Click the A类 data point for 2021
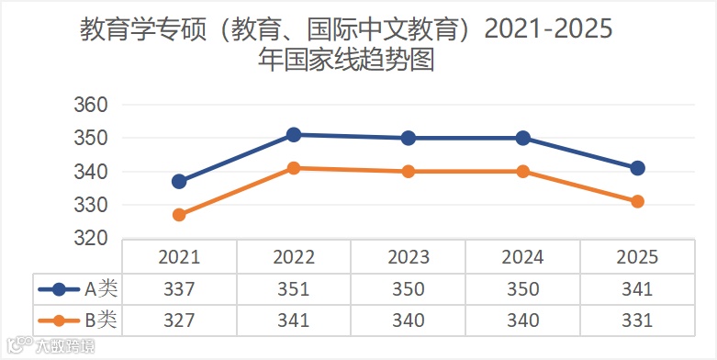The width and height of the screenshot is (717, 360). tap(179, 182)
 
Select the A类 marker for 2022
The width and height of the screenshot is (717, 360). tap(294, 135)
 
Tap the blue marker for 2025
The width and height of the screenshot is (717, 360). tap(637, 168)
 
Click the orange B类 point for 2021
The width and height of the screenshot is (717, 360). tap(179, 215)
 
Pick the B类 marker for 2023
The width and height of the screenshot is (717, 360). tap(409, 172)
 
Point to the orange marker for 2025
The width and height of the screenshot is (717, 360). tap(637, 201)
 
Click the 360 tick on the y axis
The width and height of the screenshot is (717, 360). tap(91, 105)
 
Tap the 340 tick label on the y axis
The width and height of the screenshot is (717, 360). tap(91, 172)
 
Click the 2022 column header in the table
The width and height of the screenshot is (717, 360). tap(294, 257)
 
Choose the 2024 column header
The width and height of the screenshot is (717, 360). tap(522, 257)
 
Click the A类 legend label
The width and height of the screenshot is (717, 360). tap(101, 289)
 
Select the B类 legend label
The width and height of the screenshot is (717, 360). tap(101, 321)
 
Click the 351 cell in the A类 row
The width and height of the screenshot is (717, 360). tap(294, 289)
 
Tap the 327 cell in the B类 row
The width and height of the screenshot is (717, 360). tap(179, 321)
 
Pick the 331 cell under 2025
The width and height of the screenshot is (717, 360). tap(637, 321)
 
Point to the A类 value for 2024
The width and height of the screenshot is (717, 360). tap(522, 289)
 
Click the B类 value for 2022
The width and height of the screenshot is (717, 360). tap(294, 321)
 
